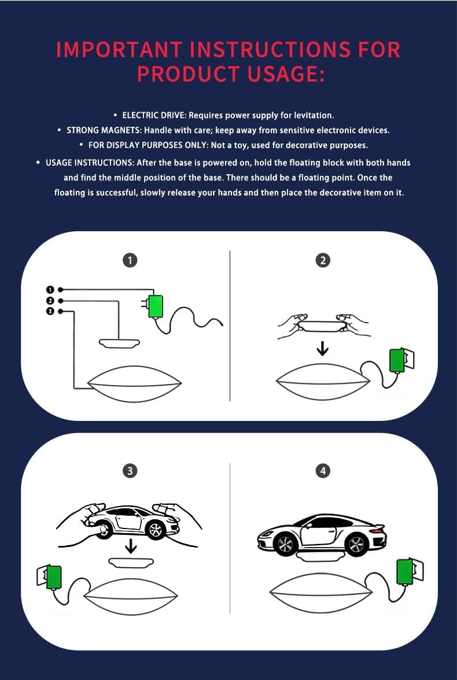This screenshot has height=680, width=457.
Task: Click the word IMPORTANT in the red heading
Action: [117, 50]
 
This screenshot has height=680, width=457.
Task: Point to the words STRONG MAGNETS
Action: [104, 130]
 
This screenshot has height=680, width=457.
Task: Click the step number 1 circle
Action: [130, 260]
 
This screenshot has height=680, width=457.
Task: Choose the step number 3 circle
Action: [130, 471]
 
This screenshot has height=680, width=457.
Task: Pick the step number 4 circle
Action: [323, 471]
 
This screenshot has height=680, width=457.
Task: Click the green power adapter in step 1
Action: [155, 306]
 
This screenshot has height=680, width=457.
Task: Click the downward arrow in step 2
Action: [322, 348]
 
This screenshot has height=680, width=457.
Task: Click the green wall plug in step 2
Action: [396, 360]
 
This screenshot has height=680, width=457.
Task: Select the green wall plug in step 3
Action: [54, 578]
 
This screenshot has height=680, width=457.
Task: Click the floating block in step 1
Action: [119, 343]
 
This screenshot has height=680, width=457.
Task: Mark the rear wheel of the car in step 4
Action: [357, 544]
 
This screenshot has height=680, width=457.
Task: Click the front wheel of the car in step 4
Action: [286, 544]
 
